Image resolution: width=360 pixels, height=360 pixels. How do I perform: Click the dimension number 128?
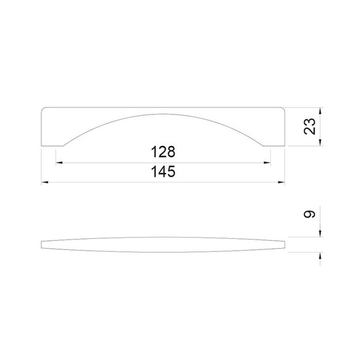coord(163,152)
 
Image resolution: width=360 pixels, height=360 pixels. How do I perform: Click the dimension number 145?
coord(163,171)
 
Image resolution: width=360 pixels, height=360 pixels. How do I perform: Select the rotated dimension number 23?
coord(310,126)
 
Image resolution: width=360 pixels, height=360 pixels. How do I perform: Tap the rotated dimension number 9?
coord(310,215)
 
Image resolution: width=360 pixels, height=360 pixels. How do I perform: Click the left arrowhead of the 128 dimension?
coord(59,163)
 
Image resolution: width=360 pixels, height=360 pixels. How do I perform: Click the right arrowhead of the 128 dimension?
coord(267,163)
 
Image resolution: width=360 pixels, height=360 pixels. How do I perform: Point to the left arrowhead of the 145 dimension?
coord(45,183)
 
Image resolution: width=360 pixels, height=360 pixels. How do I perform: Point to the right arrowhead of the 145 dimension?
coord(281,183)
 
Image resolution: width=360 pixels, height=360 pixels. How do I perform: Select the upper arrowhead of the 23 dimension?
coord(320,111)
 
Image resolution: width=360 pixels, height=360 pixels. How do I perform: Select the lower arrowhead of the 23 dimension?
coord(320,142)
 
